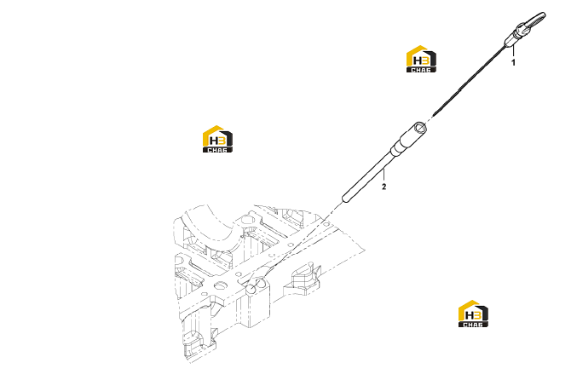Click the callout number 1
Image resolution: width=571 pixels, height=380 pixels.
[513, 62]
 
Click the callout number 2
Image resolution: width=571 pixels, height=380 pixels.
[384, 187]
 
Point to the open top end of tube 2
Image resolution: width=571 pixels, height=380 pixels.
[421, 128]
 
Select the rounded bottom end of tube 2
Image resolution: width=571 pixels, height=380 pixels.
[345, 199]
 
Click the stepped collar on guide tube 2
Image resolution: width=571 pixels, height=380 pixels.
[395, 150]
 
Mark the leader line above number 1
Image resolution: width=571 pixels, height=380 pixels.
[513, 51]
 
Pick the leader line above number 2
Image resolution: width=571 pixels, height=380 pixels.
[384, 175]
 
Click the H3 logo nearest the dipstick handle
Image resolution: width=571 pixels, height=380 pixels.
[421, 59]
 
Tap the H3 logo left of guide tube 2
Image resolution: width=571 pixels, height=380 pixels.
[217, 139]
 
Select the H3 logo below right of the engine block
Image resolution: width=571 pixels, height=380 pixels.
[473, 314]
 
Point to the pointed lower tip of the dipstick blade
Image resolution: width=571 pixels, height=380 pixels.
[434, 115]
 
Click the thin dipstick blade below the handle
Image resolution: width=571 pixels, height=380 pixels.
[469, 80]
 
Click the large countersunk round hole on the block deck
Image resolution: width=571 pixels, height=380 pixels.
[220, 285]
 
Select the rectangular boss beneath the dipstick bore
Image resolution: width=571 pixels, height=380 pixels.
[253, 307]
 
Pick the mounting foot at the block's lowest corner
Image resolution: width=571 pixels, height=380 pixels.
[197, 345]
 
